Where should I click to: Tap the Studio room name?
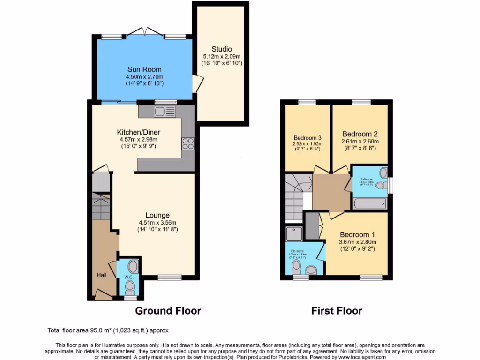221,49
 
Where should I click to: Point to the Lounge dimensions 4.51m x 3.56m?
157,223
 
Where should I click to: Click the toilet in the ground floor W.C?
130,286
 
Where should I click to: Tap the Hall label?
102,275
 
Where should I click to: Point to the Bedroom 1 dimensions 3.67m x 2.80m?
358,242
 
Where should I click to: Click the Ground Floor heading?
168,311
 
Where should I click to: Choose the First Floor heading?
337,311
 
